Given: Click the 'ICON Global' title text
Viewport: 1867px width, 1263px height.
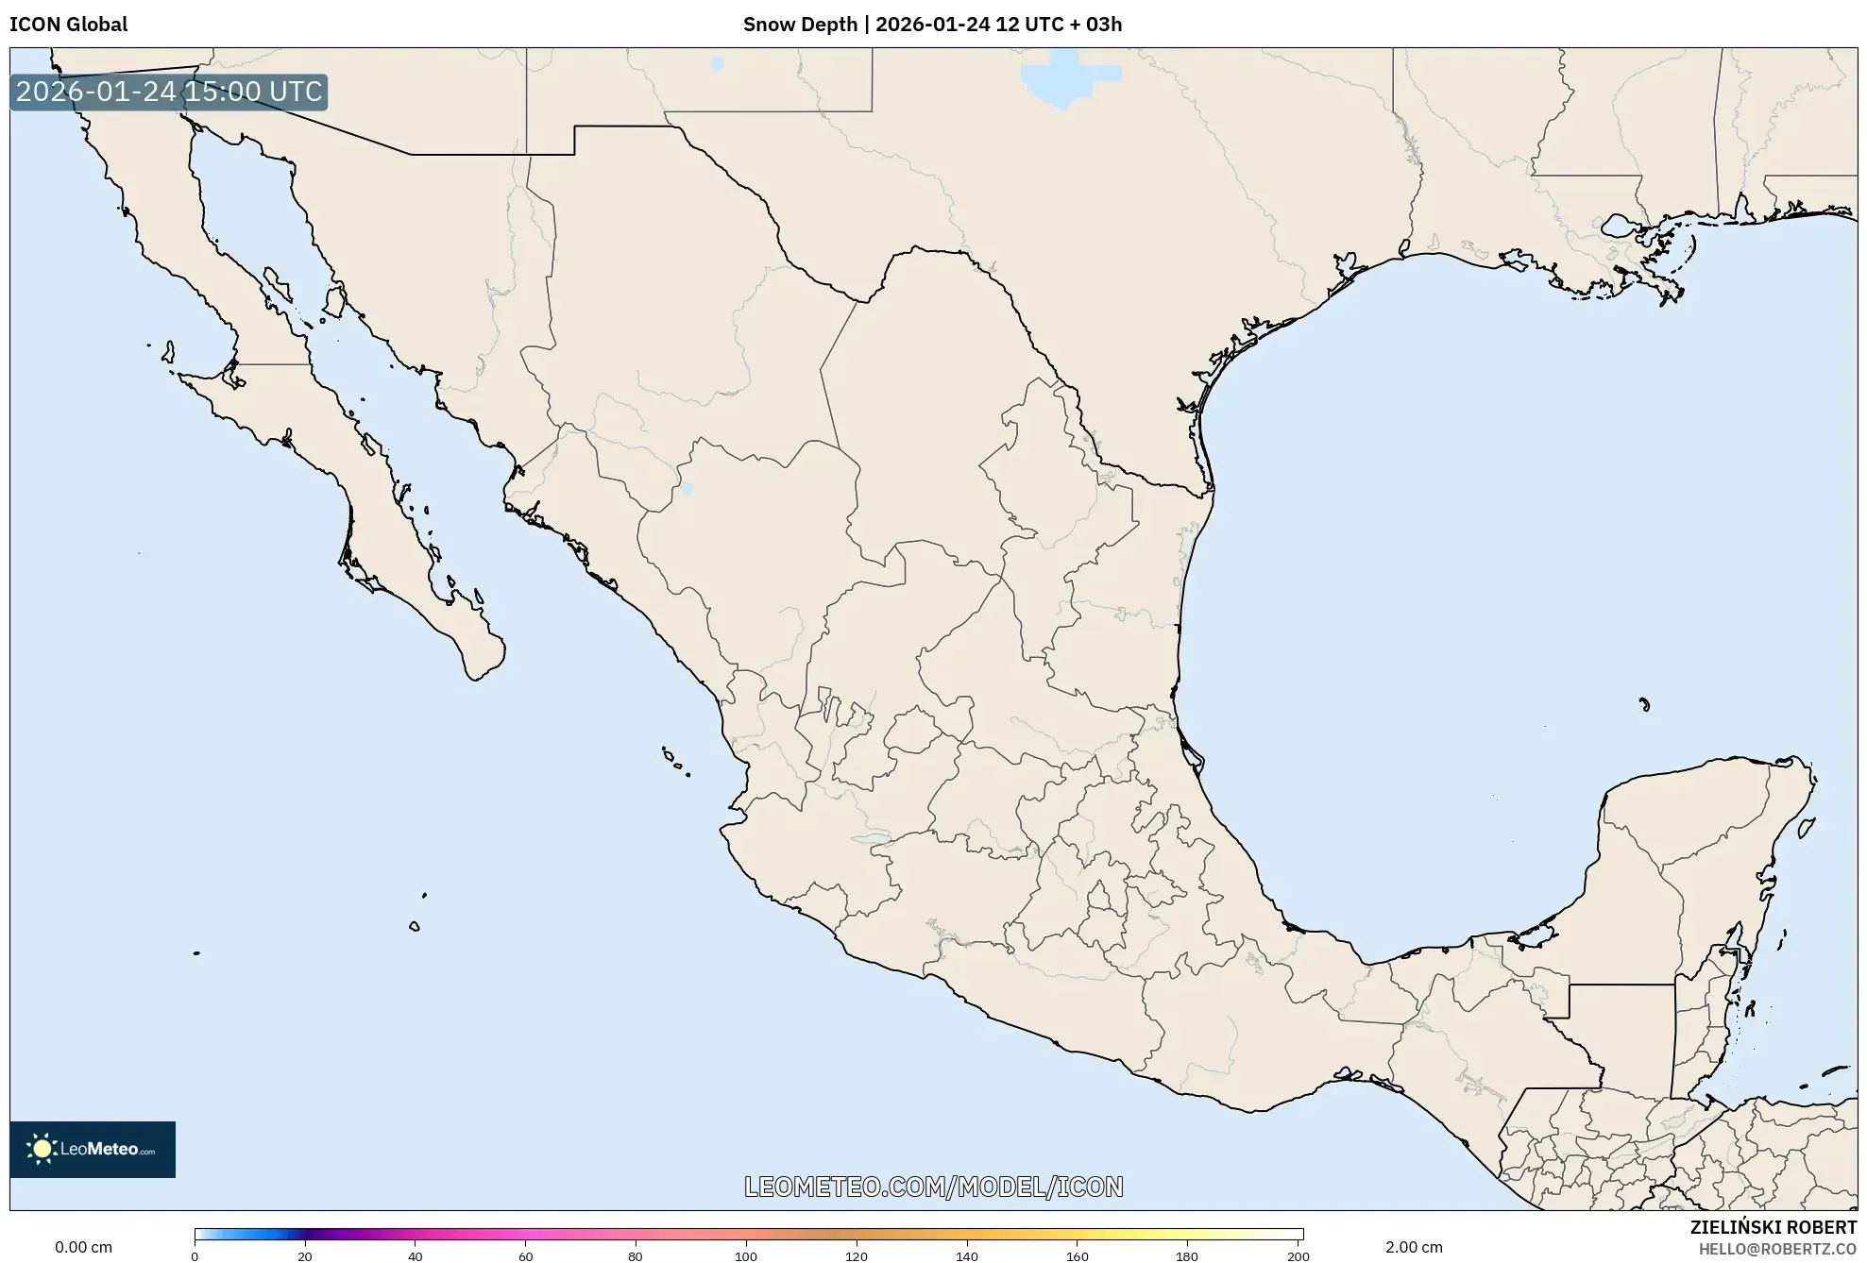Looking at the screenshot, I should (68, 25).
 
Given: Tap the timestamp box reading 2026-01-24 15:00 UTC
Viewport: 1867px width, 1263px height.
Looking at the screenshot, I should (169, 93).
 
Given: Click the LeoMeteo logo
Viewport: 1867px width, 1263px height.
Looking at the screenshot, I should (93, 1149).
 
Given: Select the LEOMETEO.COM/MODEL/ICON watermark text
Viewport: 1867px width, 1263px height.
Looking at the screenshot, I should (933, 1187).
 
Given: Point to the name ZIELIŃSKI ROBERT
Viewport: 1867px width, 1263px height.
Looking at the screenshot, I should (1773, 1228).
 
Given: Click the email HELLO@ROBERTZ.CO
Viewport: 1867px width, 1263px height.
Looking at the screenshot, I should (1777, 1249).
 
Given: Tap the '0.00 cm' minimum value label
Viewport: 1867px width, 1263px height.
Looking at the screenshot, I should (83, 1247).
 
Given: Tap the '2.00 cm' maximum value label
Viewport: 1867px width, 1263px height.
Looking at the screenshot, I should (1414, 1247).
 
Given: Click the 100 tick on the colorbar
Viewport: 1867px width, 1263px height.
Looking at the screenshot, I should (746, 1256).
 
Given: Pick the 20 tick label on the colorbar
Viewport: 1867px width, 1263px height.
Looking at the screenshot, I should (304, 1256).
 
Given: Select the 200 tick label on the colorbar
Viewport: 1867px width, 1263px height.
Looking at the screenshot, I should (1298, 1256).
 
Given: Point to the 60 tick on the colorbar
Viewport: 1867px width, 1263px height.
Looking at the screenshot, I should (525, 1256).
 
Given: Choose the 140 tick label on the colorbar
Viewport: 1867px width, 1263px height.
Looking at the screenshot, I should (966, 1256).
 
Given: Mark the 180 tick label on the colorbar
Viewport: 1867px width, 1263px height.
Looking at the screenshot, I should (1187, 1256).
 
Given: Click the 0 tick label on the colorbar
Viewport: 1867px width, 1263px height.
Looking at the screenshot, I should (195, 1256).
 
